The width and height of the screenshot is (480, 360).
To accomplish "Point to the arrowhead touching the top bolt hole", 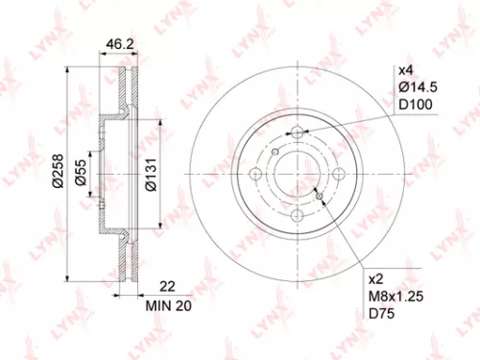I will point(289,132).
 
